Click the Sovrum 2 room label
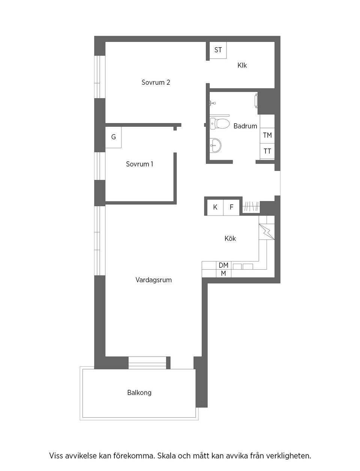pos(156,82)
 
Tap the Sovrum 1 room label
pos(139,164)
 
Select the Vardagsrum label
pos(153,280)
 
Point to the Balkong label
pos(139,393)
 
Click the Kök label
pos(230,238)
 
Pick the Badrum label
pos(245,126)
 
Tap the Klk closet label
pos(242,65)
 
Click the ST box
pos(218,50)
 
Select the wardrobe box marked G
pos(113,137)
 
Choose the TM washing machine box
pos(267,135)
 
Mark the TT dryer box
pos(267,151)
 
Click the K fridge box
pos(215,207)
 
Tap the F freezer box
pos(231,207)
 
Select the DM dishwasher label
pos(223,265)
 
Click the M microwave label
pos(223,274)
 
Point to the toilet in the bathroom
pos(220,123)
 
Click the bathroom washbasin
pos(216,144)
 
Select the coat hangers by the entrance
pos(251,207)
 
